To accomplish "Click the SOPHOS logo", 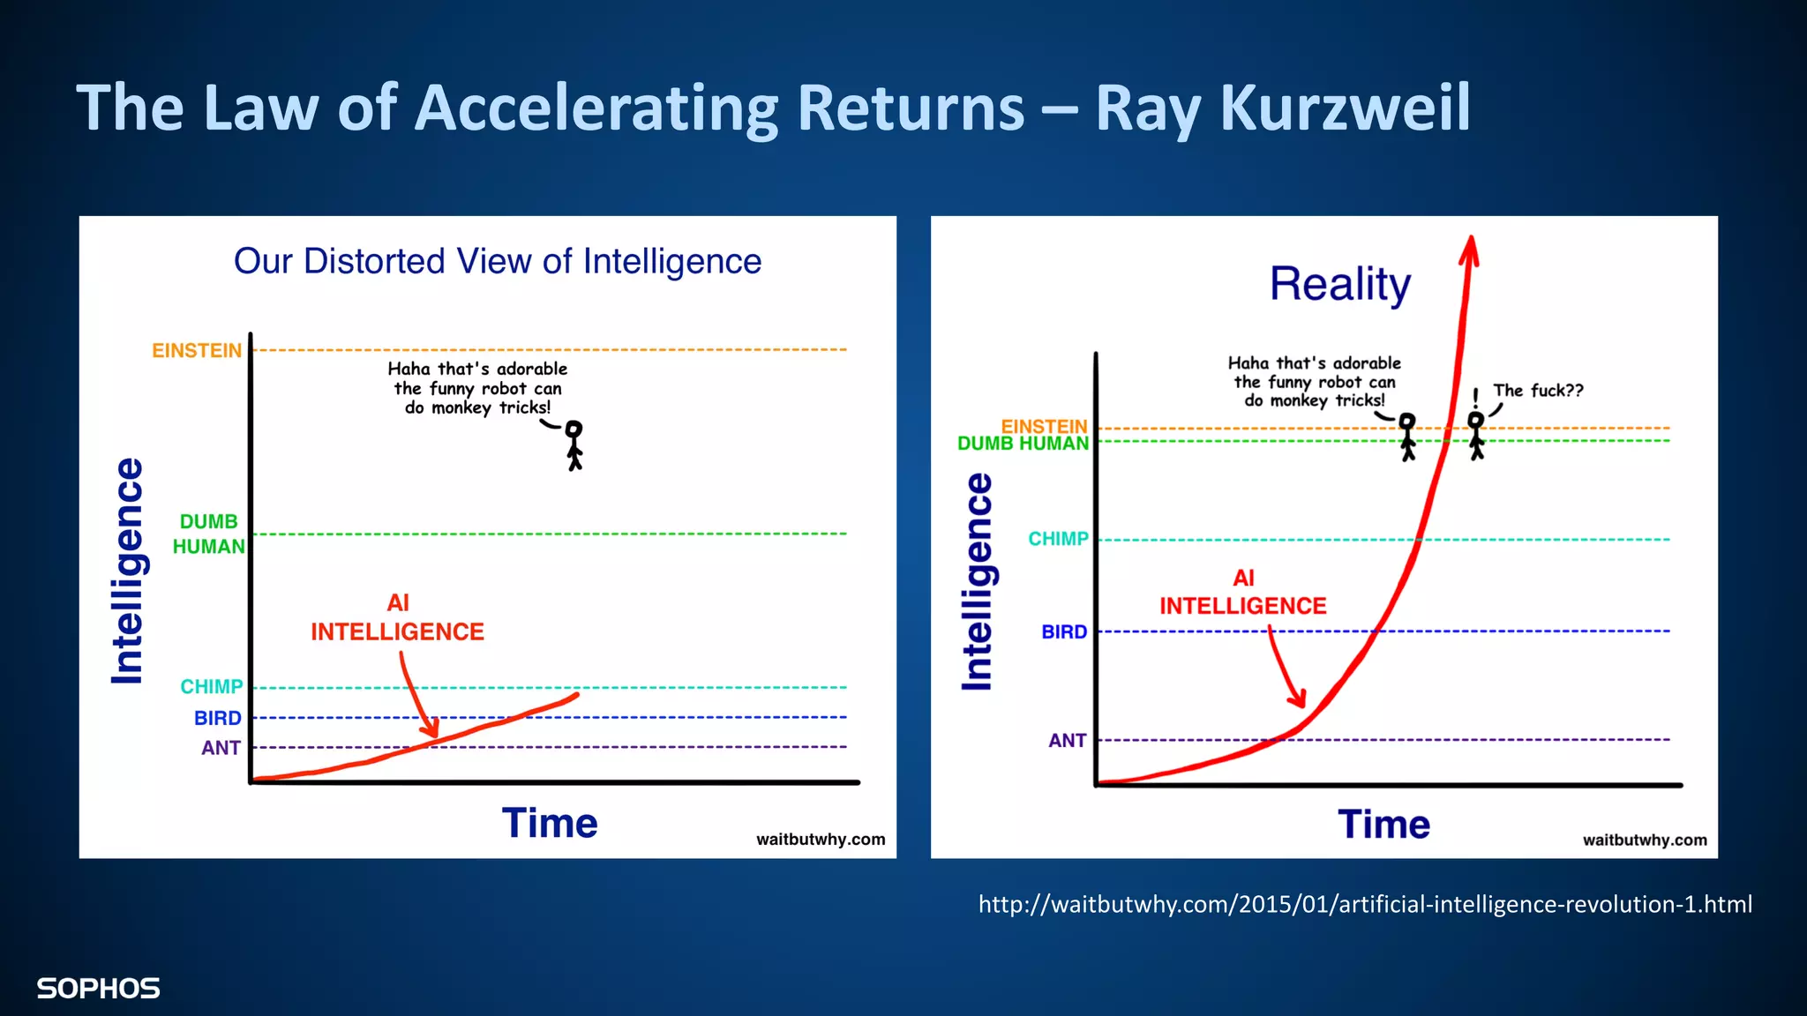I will pyautogui.click(x=98, y=989).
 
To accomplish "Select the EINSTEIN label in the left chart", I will pyautogui.click(x=197, y=351).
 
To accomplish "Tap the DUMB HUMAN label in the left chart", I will pyautogui.click(x=208, y=534).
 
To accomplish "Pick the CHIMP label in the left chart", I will pyautogui.click(x=211, y=687).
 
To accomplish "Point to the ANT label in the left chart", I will pyautogui.click(x=221, y=748).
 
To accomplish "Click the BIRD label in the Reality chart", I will pyautogui.click(x=1064, y=632).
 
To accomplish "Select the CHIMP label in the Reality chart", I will pyautogui.click(x=1058, y=539).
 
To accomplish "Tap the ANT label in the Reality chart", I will pyautogui.click(x=1067, y=741).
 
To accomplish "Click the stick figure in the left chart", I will pyautogui.click(x=574, y=445).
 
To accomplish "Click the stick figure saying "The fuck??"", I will pyautogui.click(x=1476, y=435).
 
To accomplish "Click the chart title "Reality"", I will pyautogui.click(x=1339, y=284).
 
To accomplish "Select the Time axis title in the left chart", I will pyautogui.click(x=550, y=824).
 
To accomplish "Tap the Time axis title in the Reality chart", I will pyautogui.click(x=1383, y=825).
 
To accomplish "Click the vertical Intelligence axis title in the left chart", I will pyautogui.click(x=128, y=571).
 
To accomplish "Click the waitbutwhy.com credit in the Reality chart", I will pyautogui.click(x=1644, y=840).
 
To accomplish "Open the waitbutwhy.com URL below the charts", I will pyautogui.click(x=1364, y=905).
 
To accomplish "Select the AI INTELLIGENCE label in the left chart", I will pyautogui.click(x=397, y=617).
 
